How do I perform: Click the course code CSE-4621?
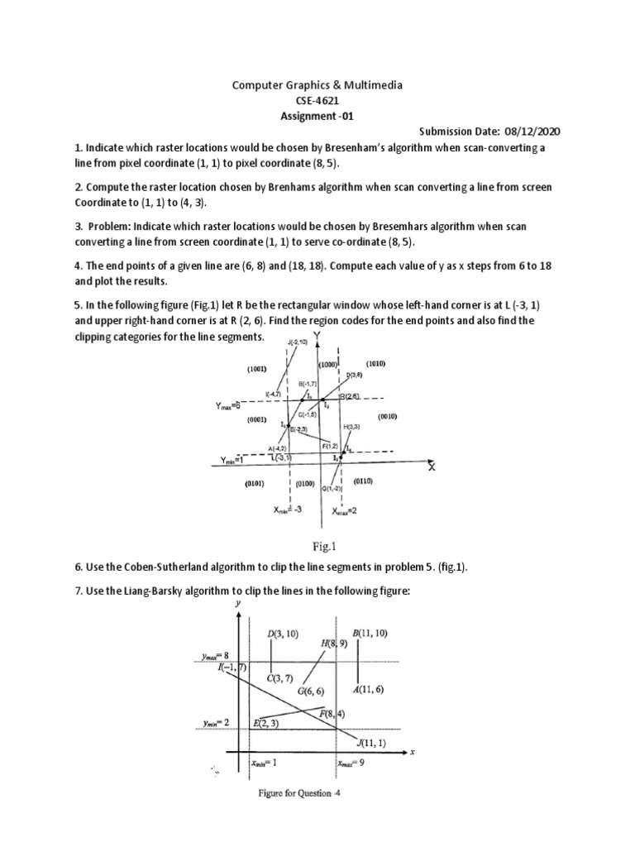pyautogui.click(x=318, y=100)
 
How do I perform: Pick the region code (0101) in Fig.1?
pyautogui.click(x=254, y=485)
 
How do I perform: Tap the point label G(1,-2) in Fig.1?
pyautogui.click(x=333, y=488)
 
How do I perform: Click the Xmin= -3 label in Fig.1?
pyautogui.click(x=287, y=511)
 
